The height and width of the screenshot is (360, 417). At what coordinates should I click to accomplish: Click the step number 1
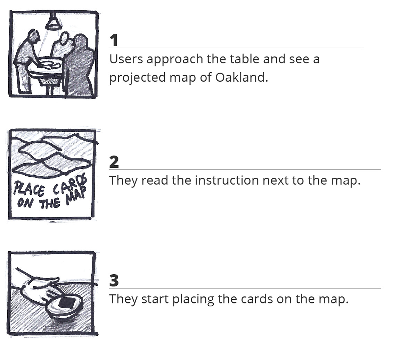coord(114,40)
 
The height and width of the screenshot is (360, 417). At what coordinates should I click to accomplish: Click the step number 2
coord(114,162)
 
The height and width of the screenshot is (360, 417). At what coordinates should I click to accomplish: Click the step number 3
coord(114,281)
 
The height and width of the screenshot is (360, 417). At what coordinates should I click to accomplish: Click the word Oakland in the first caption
coord(242,77)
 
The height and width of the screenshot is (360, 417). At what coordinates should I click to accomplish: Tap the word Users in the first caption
coord(126,59)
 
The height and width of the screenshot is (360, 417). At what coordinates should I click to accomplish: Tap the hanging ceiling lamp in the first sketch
coord(53,22)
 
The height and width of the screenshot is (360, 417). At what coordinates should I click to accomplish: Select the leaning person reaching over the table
coord(26,60)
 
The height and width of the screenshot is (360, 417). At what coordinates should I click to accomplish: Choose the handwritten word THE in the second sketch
coord(50,203)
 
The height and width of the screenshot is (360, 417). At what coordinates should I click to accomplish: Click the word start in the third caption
coord(155,299)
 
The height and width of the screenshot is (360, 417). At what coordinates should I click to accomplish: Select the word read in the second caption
coord(155,180)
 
